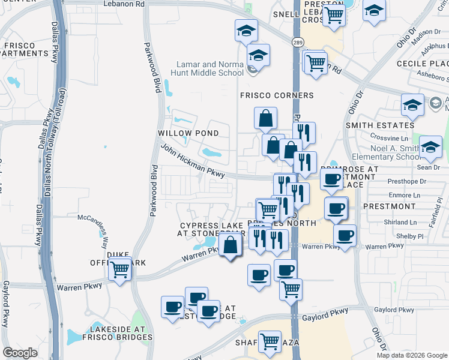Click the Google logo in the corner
pyautogui.click(x=21, y=353)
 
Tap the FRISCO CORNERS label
pyautogui.click(x=277, y=95)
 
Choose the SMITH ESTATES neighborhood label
pyautogui.click(x=379, y=125)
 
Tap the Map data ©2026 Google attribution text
pyautogui.click(x=412, y=355)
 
